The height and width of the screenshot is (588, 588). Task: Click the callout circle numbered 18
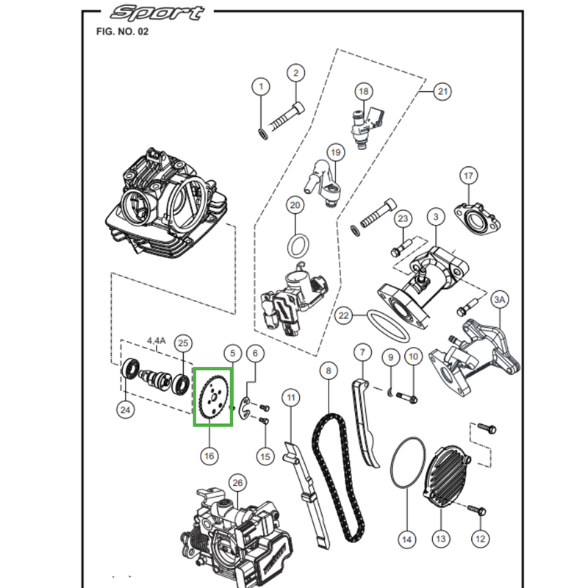click(363, 92)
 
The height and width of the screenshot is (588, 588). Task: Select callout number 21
click(442, 92)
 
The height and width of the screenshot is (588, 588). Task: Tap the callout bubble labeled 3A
click(500, 300)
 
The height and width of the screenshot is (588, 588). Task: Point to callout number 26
click(236, 483)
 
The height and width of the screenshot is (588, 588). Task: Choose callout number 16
click(209, 456)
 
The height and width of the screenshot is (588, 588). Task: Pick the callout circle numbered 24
click(126, 409)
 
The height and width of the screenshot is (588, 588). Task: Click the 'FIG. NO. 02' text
click(122, 32)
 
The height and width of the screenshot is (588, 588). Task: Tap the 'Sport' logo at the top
click(155, 13)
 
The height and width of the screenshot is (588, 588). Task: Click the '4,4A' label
click(157, 340)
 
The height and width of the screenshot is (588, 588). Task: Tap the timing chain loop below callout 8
click(338, 478)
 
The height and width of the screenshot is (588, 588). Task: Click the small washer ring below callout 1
click(262, 132)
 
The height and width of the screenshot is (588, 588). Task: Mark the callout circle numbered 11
click(292, 398)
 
